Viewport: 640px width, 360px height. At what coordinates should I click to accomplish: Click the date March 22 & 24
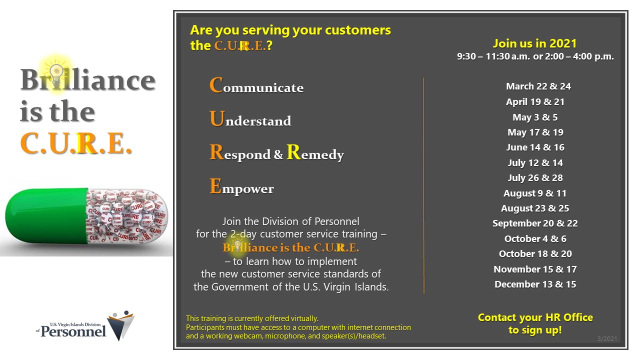tap(538, 86)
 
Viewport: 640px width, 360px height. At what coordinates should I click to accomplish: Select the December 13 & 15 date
tap(535, 284)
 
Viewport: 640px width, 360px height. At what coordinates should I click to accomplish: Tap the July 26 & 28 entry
tap(535, 177)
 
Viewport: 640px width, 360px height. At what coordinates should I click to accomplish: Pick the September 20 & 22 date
tap(535, 223)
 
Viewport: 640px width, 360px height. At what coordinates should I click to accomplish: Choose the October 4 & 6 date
tap(535, 238)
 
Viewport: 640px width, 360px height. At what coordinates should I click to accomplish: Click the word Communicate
tap(256, 85)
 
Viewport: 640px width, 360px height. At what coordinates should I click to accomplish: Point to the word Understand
tap(250, 118)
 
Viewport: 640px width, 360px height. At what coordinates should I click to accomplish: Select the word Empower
tap(241, 186)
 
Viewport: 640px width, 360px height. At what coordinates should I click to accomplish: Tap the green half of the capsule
tap(47, 215)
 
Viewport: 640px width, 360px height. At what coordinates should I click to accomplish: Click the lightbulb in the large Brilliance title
tap(56, 75)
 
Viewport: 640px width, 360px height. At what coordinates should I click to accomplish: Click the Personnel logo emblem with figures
tap(121, 325)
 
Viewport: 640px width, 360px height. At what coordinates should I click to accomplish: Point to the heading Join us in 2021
tap(534, 43)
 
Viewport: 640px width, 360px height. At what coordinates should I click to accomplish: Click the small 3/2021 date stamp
tap(607, 339)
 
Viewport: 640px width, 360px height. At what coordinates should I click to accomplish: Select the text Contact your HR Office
tap(535, 317)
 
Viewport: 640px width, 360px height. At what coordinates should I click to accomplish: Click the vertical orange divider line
tap(423, 185)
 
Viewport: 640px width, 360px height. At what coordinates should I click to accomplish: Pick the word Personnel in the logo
tap(73, 331)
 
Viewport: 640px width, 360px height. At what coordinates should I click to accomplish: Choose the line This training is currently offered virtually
tap(252, 318)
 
